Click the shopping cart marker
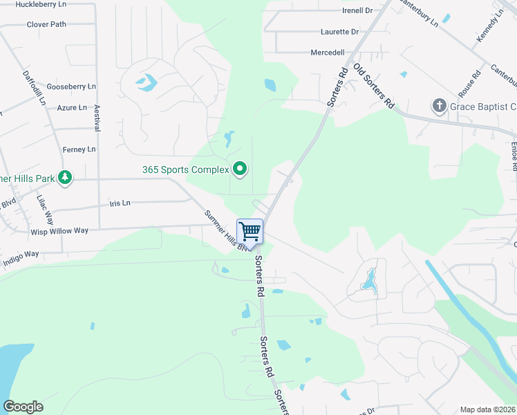point(250,230)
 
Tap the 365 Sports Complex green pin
point(240,169)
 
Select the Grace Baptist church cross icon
point(439,107)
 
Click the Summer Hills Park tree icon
point(64,178)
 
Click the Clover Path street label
point(46,24)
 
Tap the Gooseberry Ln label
point(71,86)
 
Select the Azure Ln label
point(72,108)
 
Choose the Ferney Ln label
point(79,149)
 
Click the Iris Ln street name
point(120,203)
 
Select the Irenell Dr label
point(357,11)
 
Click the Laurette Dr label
point(339,32)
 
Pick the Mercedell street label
point(328,53)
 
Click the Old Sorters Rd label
point(373,86)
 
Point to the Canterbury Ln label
point(415,12)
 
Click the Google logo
point(23,407)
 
